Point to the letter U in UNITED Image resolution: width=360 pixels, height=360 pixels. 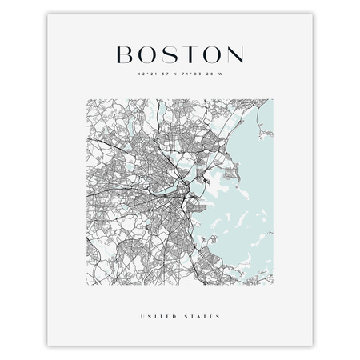point(141,294)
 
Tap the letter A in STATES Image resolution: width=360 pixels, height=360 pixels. point(201,294)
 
